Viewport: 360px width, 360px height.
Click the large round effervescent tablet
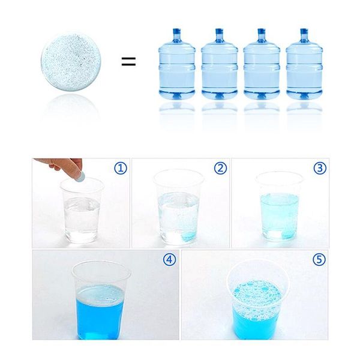[x=71, y=62]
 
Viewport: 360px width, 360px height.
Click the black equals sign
[x=128, y=61]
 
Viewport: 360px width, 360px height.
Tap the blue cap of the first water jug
[x=177, y=31]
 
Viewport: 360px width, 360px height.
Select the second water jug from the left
[x=220, y=64]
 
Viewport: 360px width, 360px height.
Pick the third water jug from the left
[x=262, y=64]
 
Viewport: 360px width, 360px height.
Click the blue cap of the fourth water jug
[x=304, y=31]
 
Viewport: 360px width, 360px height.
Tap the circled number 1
[x=121, y=168]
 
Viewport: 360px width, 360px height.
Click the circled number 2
[x=220, y=168]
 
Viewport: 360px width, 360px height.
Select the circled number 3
[x=320, y=168]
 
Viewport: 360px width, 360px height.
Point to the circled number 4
[x=169, y=259]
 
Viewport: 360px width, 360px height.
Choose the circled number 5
[x=319, y=259]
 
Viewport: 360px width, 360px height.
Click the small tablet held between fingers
[x=80, y=177]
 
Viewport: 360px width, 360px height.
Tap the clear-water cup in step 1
[x=82, y=210]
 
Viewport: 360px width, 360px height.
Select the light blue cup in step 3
[x=280, y=206]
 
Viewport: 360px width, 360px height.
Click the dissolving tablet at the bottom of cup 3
[x=286, y=235]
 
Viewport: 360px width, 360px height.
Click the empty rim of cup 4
[x=101, y=261]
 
